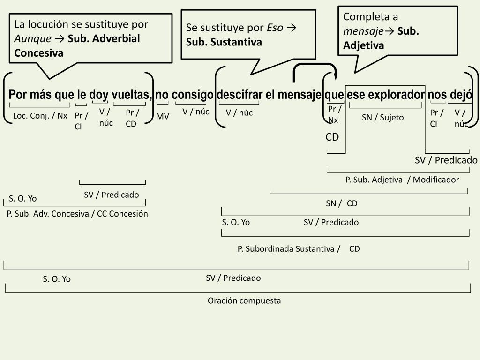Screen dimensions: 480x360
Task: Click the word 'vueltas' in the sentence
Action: tap(132, 95)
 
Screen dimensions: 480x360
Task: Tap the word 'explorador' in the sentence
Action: tap(396, 95)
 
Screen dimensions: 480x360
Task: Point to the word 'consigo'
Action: tap(193, 95)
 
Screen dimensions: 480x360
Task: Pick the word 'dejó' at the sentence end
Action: tap(461, 95)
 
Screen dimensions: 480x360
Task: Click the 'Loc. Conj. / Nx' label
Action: tap(40, 115)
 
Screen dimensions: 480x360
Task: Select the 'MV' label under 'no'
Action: tap(163, 116)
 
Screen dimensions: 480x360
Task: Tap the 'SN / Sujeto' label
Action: tap(382, 117)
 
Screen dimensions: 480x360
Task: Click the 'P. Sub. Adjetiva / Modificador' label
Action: tap(402, 180)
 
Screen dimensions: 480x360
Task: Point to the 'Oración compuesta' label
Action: tap(244, 300)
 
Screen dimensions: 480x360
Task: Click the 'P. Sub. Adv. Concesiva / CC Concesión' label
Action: tap(77, 214)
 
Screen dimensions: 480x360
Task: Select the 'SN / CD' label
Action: tap(342, 203)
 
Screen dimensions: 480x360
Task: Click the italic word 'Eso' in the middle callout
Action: tap(275, 28)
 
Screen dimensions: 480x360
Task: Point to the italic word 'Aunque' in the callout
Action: tap(33, 38)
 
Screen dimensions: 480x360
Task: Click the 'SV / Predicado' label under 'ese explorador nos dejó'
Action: tap(446, 160)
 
